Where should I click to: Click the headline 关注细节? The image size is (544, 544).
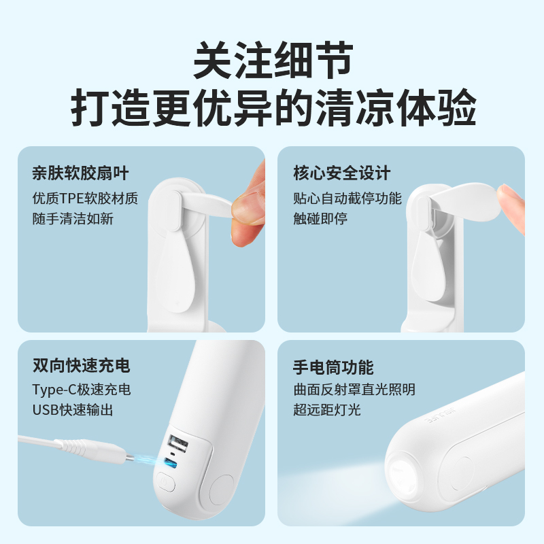[x=273, y=61]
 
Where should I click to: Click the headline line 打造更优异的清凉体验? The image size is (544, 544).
[x=273, y=107]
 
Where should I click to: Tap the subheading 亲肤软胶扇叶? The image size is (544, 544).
[x=80, y=173]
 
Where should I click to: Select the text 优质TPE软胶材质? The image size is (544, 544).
[x=86, y=198]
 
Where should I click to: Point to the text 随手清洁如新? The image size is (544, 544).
[x=73, y=219]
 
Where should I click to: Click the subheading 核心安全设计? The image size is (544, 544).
[x=342, y=173]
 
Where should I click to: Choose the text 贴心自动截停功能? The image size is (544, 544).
[x=347, y=198]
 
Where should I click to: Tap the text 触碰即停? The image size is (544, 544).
[x=320, y=219]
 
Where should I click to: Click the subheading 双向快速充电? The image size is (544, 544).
[x=81, y=365]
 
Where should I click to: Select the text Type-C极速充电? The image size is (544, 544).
[x=82, y=390]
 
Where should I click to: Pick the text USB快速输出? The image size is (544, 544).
[x=73, y=410]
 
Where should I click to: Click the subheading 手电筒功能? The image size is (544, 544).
[x=333, y=367]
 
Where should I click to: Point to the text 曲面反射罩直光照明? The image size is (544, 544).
[x=354, y=390]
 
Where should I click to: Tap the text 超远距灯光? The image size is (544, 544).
[x=327, y=410]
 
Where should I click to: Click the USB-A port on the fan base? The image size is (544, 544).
[x=177, y=443]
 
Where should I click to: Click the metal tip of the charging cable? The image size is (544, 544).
[x=129, y=458]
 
